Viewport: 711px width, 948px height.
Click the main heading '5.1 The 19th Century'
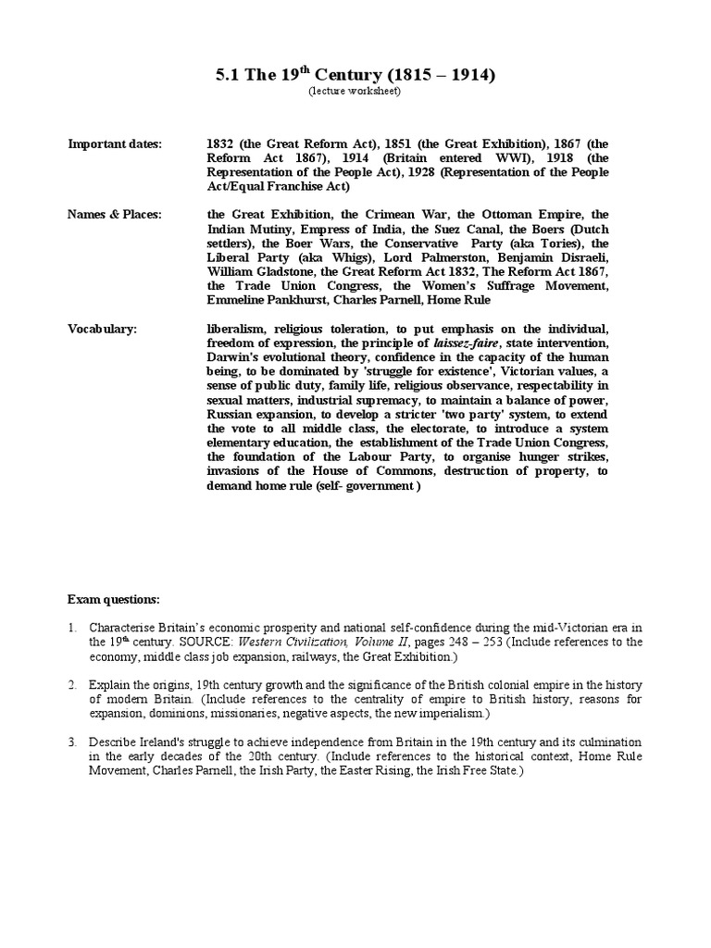pyautogui.click(x=355, y=75)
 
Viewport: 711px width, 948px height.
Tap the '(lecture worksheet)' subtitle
pyautogui.click(x=355, y=92)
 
